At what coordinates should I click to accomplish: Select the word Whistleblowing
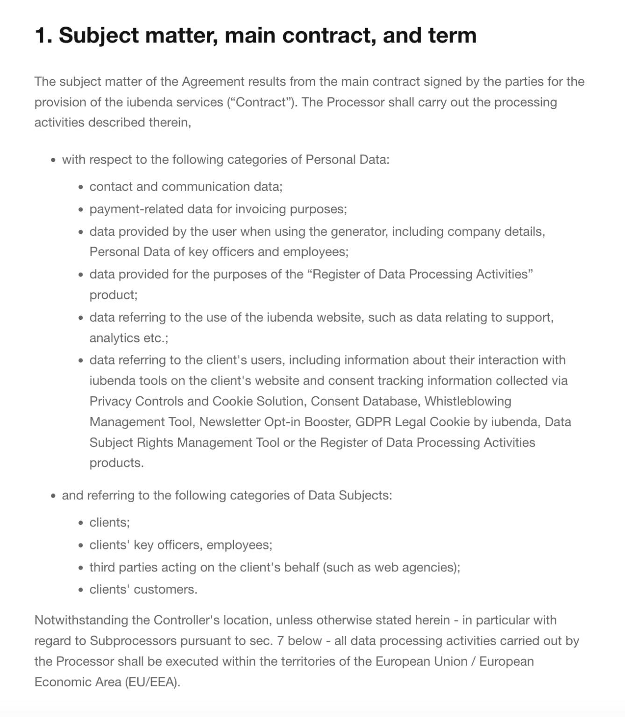[468, 401]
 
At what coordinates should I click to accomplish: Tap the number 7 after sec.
[280, 641]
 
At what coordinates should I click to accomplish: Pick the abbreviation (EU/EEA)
[152, 682]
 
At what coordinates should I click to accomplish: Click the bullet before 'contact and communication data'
[81, 187]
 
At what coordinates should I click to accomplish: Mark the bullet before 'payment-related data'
[81, 210]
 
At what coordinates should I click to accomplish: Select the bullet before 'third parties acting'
[81, 568]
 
